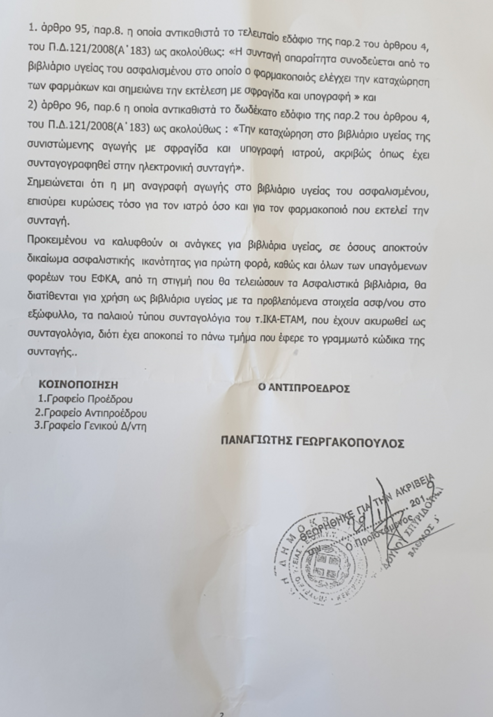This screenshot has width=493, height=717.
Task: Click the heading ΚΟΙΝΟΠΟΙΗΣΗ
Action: coord(78,385)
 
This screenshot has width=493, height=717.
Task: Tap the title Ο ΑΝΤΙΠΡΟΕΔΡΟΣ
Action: coord(304,388)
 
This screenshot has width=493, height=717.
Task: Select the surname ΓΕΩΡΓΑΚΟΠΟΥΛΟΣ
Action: coord(349,443)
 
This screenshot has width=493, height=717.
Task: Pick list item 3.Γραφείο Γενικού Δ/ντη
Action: coord(90,426)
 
